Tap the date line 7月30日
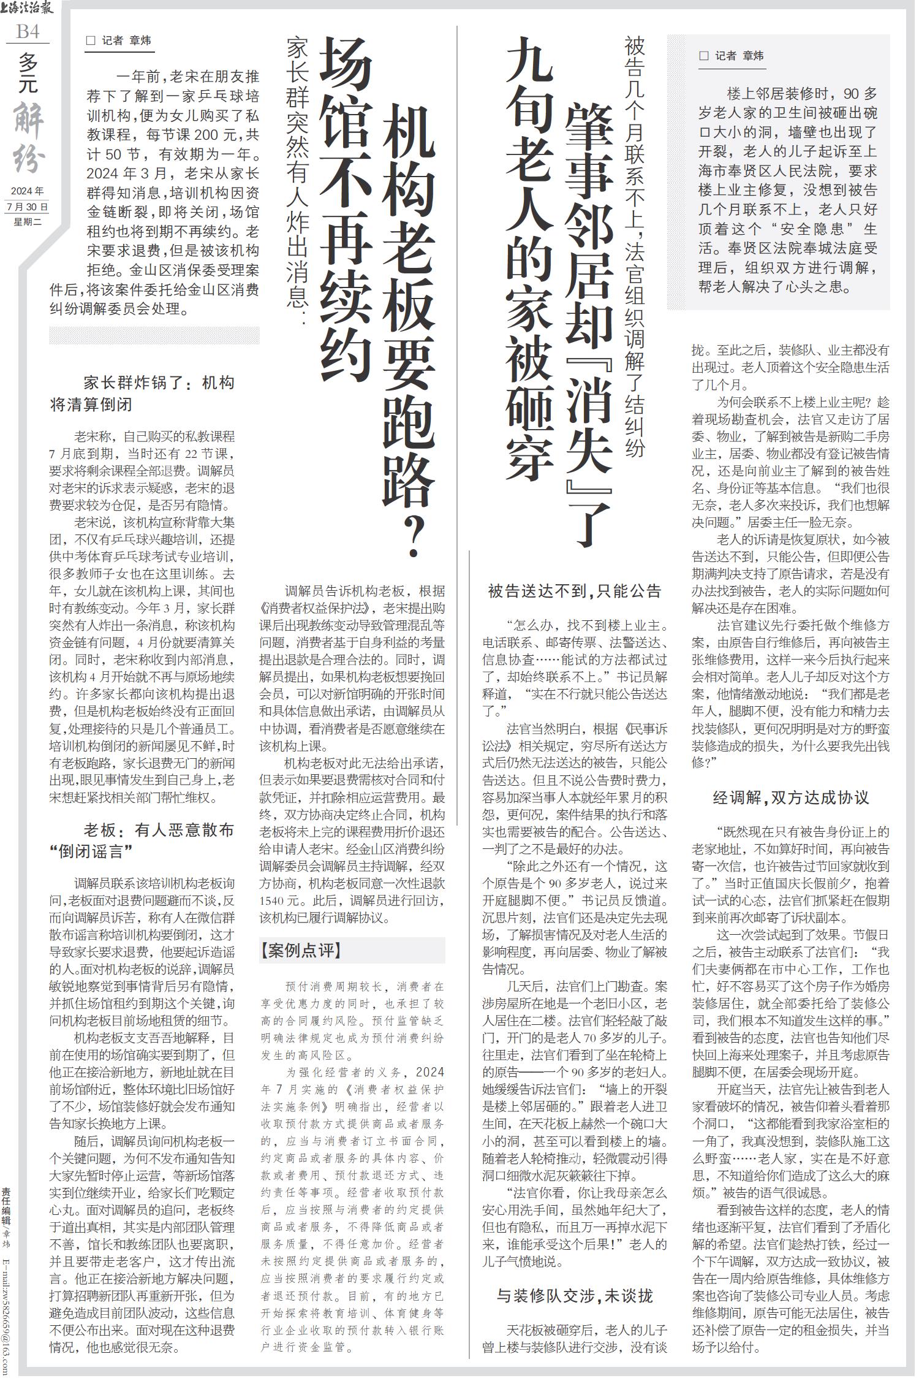tap(27, 207)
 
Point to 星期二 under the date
tap(27, 222)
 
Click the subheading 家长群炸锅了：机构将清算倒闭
tap(142, 394)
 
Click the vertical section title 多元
tap(28, 72)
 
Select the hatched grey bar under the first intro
tap(154, 335)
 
